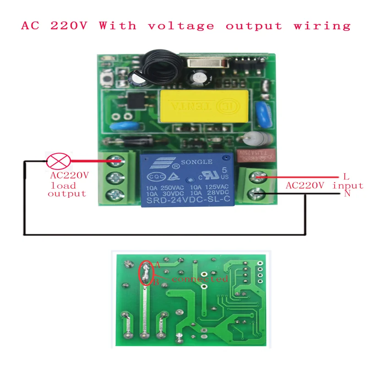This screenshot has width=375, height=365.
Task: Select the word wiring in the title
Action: (x=322, y=26)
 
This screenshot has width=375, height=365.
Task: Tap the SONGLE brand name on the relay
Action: (x=197, y=162)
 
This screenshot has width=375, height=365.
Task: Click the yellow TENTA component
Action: (x=203, y=106)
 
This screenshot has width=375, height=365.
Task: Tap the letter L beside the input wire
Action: (x=346, y=176)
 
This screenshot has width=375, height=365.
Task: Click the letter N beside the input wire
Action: (x=347, y=194)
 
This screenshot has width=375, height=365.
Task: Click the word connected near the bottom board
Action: (x=200, y=279)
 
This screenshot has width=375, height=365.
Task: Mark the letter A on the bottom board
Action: (x=157, y=265)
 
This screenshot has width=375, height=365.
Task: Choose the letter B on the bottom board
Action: (x=156, y=283)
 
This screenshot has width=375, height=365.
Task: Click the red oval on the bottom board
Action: (x=146, y=273)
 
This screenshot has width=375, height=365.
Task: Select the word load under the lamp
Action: (x=64, y=185)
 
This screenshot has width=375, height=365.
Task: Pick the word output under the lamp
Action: (x=67, y=194)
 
